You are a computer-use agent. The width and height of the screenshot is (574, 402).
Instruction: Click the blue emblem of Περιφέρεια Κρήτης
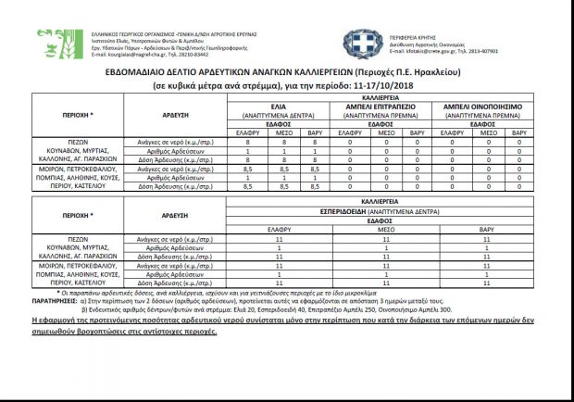[x=356, y=40]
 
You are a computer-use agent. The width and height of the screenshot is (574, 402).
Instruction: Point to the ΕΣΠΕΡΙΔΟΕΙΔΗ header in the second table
[x=384, y=210]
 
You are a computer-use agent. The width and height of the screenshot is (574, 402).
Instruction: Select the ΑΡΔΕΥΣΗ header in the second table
[x=175, y=214]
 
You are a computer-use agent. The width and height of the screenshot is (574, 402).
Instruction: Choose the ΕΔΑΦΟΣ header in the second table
[x=383, y=220]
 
